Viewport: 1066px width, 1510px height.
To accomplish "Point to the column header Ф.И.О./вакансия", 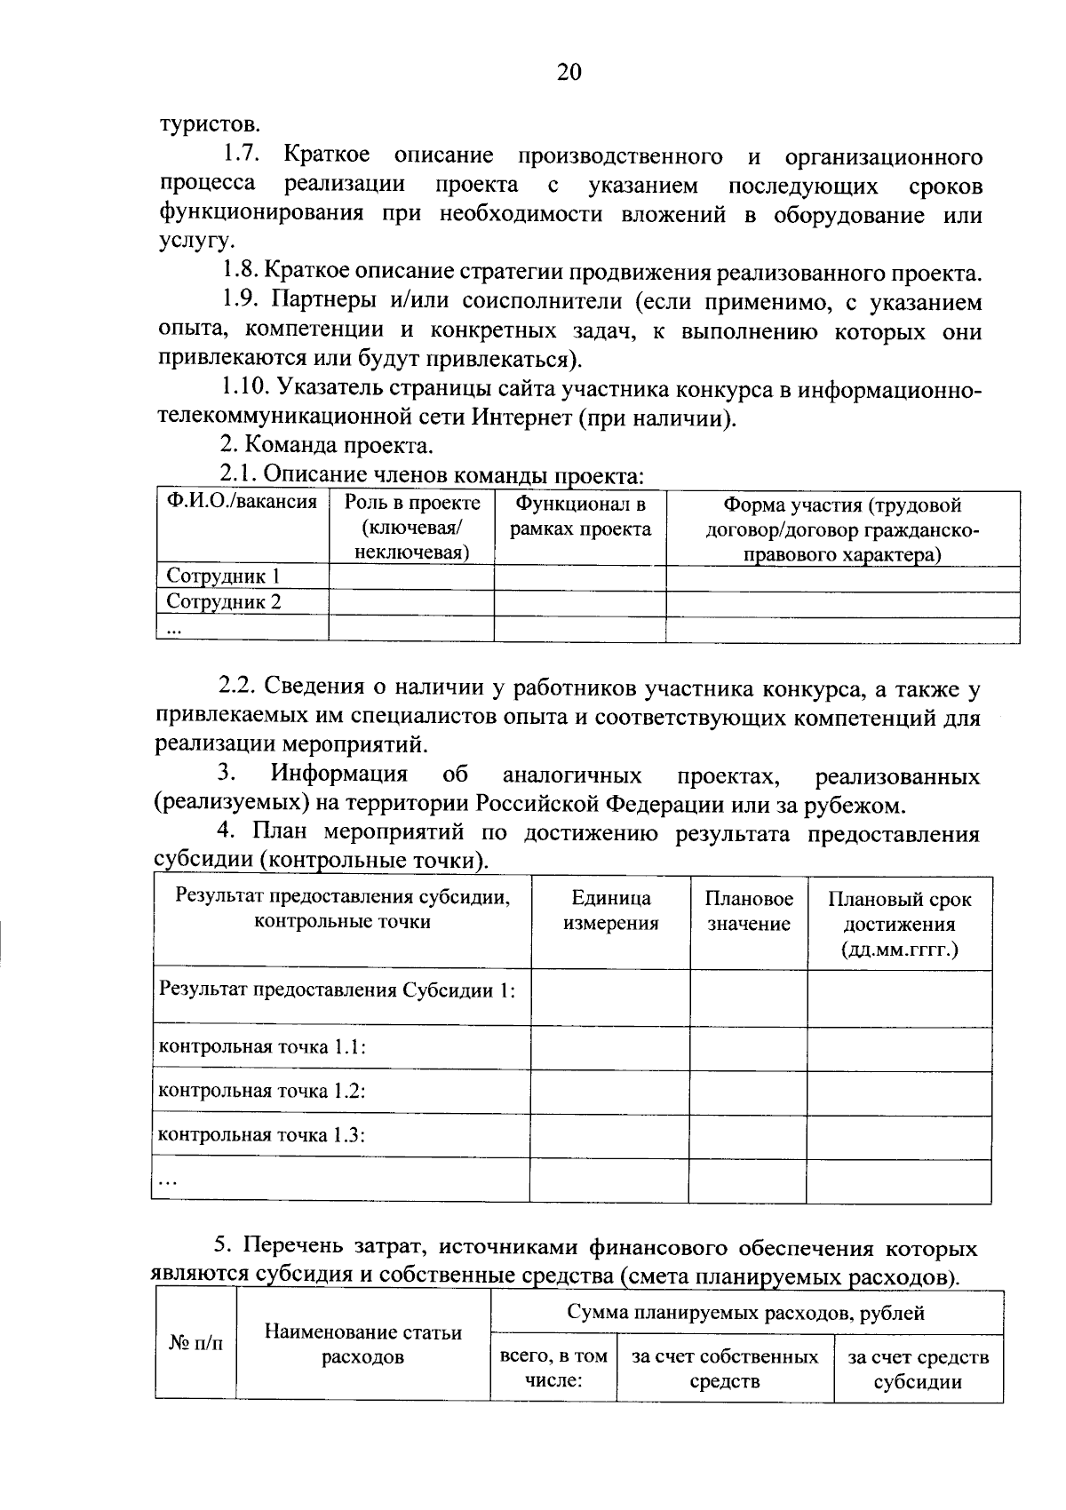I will pyautogui.click(x=242, y=502).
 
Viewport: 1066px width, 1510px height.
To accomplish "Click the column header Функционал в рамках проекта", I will pyautogui.click(x=579, y=516).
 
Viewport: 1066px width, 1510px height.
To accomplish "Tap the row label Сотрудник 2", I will pyautogui.click(x=224, y=602).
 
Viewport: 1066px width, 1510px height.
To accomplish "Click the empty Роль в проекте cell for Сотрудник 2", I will pyautogui.click(x=410, y=602).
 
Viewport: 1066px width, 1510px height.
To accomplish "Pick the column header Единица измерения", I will pyautogui.click(x=610, y=910).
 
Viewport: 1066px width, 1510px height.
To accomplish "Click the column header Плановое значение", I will pyautogui.click(x=748, y=910).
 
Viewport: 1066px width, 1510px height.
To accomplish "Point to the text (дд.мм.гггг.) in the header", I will pyautogui.click(x=899, y=950).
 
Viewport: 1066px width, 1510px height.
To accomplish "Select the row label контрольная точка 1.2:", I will pyautogui.click(x=262, y=1091).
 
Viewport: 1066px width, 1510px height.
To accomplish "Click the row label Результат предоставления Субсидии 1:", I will pyautogui.click(x=337, y=989).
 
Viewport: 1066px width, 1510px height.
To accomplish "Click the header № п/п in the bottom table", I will pyautogui.click(x=195, y=1344).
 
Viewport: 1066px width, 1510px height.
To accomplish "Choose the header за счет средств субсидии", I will pyautogui.click(x=918, y=1369).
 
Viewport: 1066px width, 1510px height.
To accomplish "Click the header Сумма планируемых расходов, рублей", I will pyautogui.click(x=746, y=1313).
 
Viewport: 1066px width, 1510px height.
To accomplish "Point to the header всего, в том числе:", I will pyautogui.click(x=553, y=1369).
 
